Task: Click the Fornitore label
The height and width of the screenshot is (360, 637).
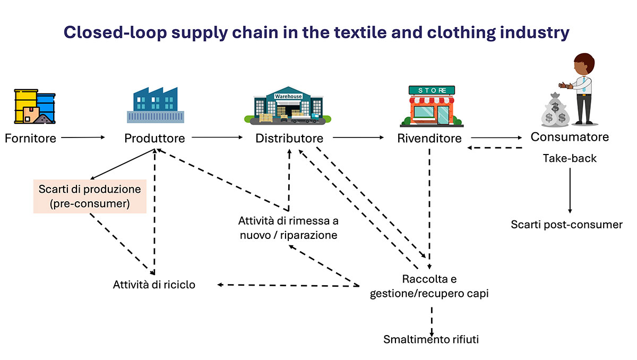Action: tap(30, 138)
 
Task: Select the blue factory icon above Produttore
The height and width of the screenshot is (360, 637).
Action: tap(155, 105)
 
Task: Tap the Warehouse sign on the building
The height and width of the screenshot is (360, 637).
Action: tap(288, 97)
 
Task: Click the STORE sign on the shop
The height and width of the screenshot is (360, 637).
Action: tap(432, 90)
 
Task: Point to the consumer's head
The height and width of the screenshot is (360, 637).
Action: tap(584, 64)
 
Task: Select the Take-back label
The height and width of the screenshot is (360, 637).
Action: tap(570, 158)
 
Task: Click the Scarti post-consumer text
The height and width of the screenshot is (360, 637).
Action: tap(566, 225)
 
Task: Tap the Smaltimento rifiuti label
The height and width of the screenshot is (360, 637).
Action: tap(431, 339)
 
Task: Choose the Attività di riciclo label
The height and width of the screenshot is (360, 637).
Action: tap(154, 285)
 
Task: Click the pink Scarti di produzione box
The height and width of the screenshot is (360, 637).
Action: tap(90, 196)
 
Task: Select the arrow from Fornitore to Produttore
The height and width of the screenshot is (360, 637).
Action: tap(83, 138)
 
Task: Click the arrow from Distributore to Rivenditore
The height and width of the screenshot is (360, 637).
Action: tap(358, 138)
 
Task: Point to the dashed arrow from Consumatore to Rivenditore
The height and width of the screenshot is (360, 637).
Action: tap(495, 148)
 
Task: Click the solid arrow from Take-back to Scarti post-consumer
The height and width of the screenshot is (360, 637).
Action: tap(570, 190)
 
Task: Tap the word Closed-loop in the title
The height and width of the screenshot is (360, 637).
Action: tap(115, 32)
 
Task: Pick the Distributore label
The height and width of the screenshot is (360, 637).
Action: tap(289, 138)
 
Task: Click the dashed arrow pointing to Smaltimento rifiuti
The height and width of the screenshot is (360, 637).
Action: tap(432, 322)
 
